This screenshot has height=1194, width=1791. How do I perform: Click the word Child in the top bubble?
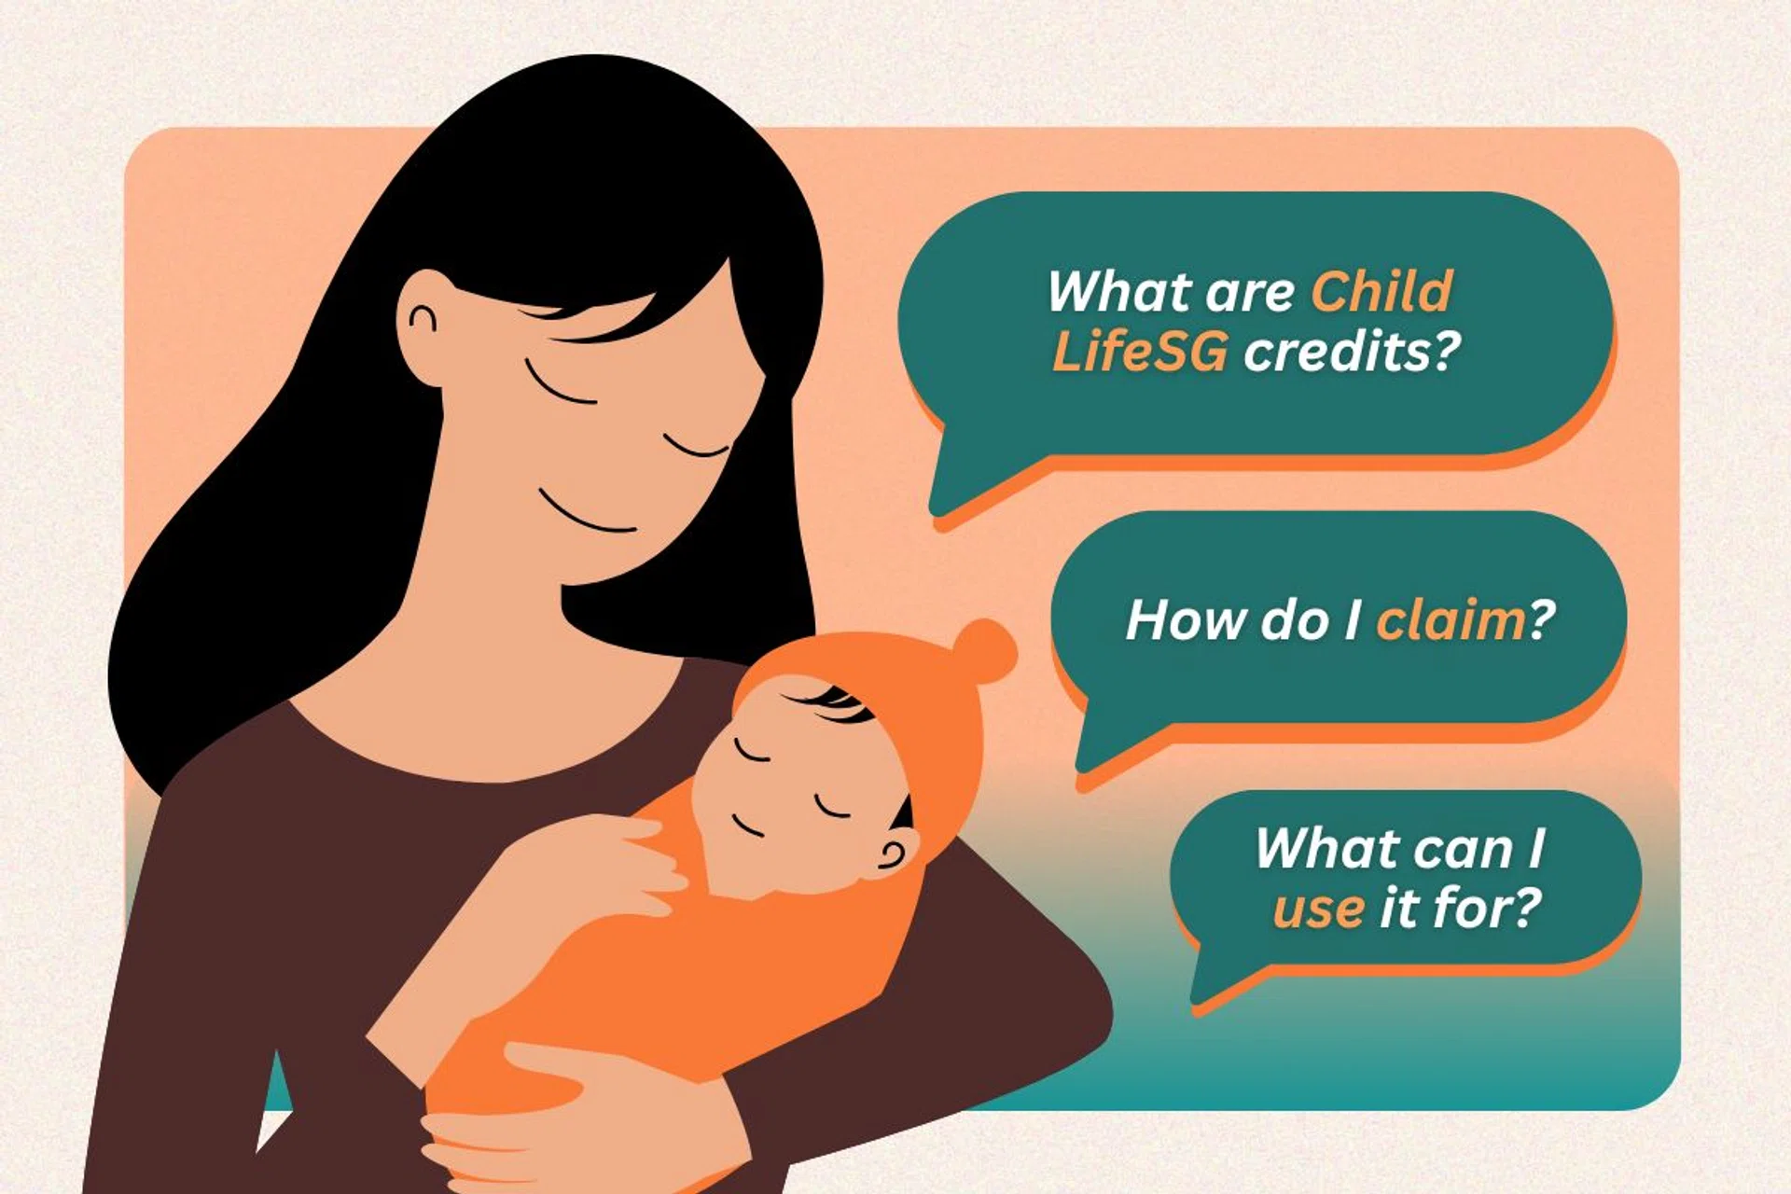click(1381, 291)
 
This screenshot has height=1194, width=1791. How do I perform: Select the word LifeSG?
click(1139, 353)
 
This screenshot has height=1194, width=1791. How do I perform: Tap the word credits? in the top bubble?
click(1352, 352)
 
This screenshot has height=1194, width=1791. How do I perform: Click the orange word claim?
click(1451, 619)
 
